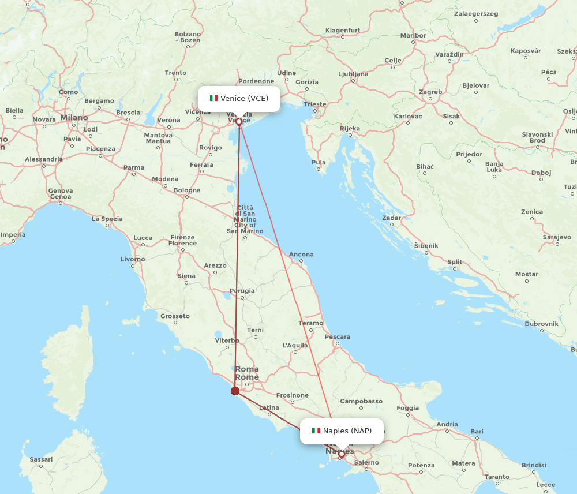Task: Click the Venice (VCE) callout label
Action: pos(239,99)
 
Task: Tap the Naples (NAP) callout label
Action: pos(342,431)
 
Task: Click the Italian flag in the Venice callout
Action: pos(213,98)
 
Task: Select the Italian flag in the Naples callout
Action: pos(316,431)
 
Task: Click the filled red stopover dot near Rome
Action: pos(235,391)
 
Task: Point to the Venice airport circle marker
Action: pos(239,122)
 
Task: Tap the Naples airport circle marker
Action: pos(341,454)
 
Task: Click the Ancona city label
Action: pos(301,254)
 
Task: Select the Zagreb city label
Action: pos(430,92)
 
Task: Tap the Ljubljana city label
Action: pos(353,74)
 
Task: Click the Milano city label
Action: pos(74,118)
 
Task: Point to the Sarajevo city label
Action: pos(557,237)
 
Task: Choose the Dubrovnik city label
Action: pos(541,324)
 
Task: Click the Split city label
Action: pos(455,262)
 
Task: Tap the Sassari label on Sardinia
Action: pos(41,460)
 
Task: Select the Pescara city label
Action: pos(338,336)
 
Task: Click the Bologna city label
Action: pos(187,190)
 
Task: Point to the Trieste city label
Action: pos(315,104)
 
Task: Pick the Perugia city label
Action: pos(242,291)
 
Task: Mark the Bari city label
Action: pos(477,431)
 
